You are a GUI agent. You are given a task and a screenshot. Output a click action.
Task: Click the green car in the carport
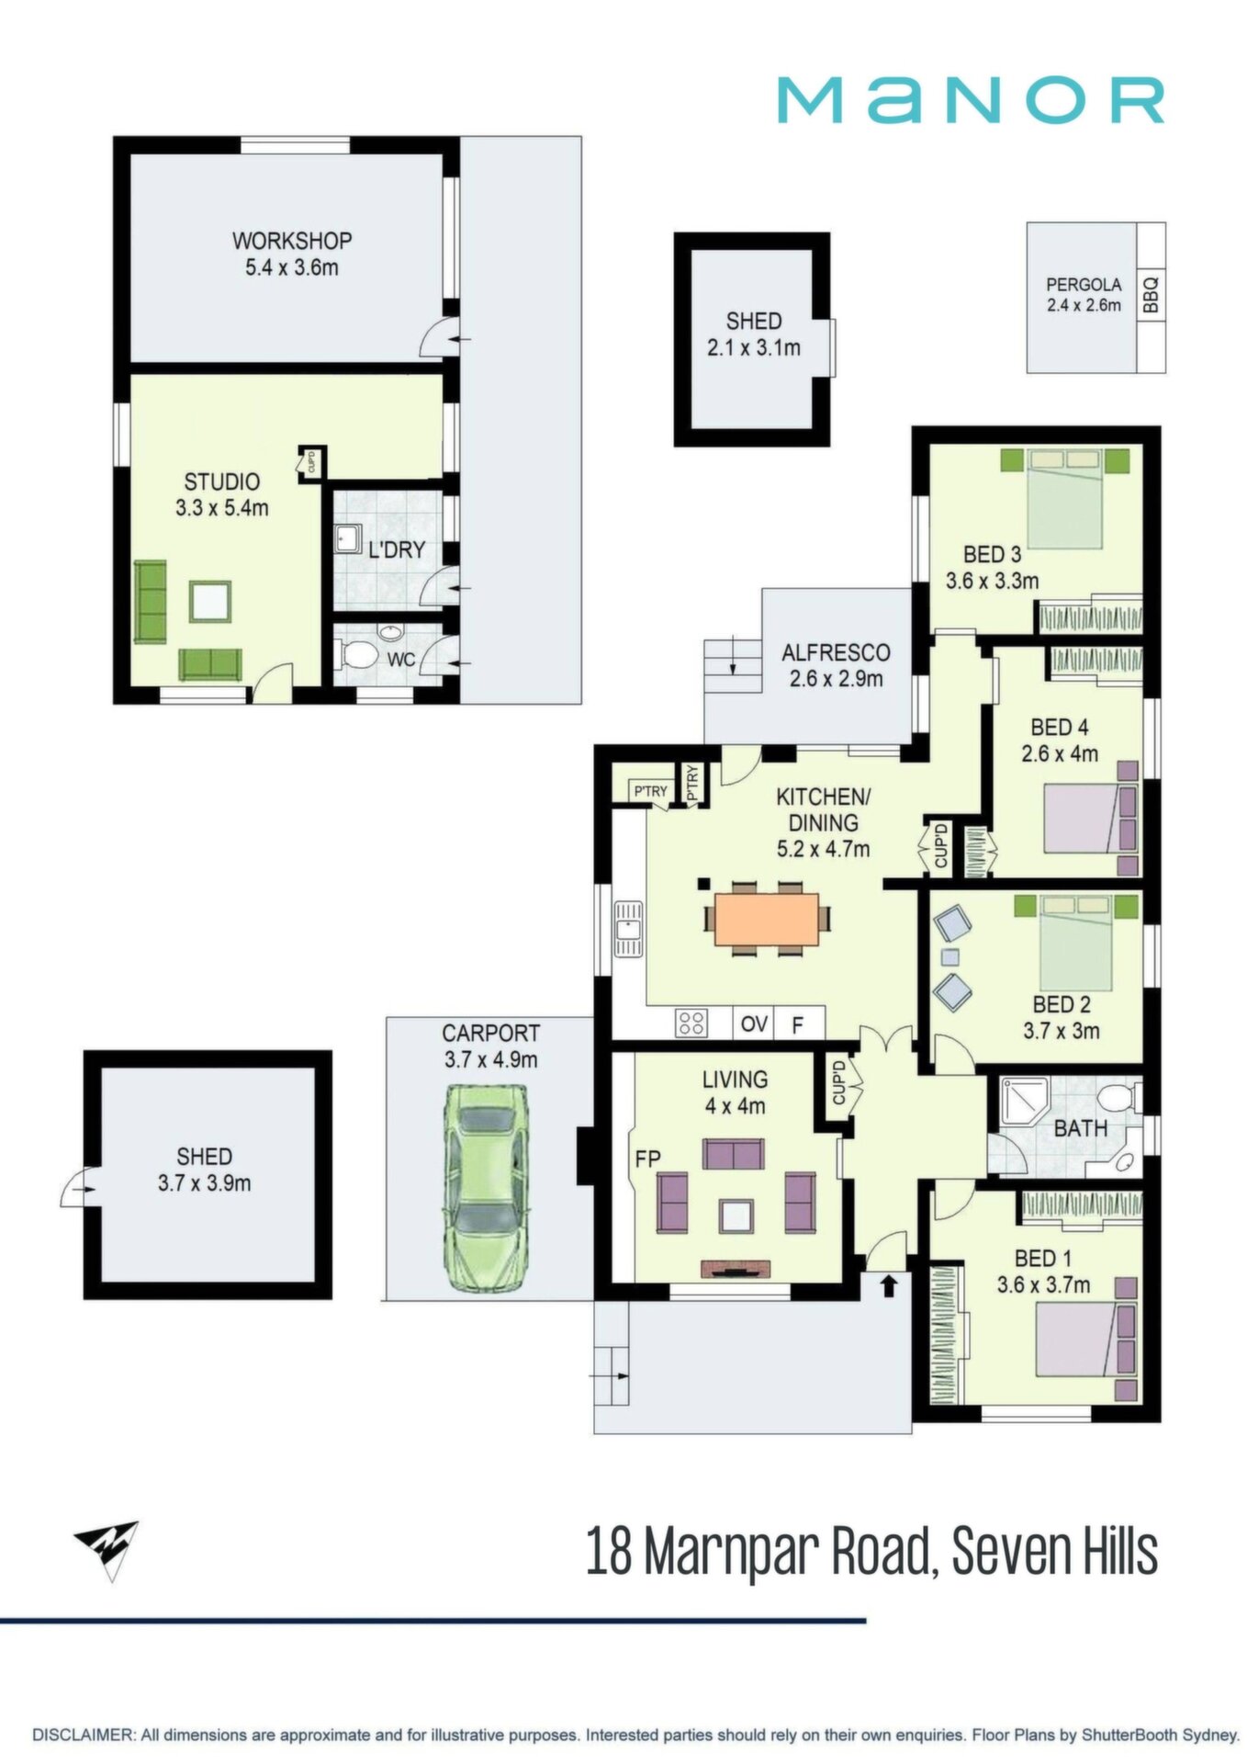(x=485, y=1189)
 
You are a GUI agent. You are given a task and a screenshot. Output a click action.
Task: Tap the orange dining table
(x=766, y=920)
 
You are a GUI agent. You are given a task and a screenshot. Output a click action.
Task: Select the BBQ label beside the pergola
(x=1152, y=297)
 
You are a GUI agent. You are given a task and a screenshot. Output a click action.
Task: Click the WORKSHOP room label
(x=292, y=241)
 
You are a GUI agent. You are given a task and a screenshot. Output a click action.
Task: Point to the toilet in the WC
(x=358, y=655)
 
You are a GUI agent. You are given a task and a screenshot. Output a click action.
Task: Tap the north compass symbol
(x=108, y=1550)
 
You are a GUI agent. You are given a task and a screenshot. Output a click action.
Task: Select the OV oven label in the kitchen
(x=754, y=1023)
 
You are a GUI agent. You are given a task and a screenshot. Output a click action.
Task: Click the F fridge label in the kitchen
(x=797, y=1024)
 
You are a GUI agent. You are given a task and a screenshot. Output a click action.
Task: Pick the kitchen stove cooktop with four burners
(x=691, y=1023)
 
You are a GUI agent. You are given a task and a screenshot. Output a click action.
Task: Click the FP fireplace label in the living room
(x=647, y=1159)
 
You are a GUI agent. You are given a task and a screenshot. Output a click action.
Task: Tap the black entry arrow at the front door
(x=889, y=1285)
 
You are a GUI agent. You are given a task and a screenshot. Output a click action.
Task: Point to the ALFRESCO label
(x=836, y=653)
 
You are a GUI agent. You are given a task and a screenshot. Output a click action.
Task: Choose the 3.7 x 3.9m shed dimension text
(x=204, y=1183)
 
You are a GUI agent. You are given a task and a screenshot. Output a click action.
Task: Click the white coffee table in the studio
(x=210, y=601)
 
